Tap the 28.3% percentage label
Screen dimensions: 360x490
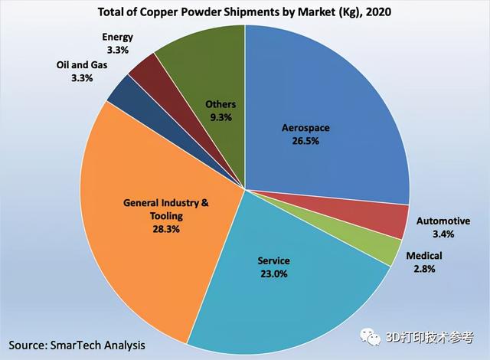point(166,228)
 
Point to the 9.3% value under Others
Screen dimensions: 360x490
point(220,117)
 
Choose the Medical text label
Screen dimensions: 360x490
point(446,255)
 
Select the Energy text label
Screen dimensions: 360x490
point(119,36)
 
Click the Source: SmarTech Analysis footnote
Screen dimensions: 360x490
point(73,345)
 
